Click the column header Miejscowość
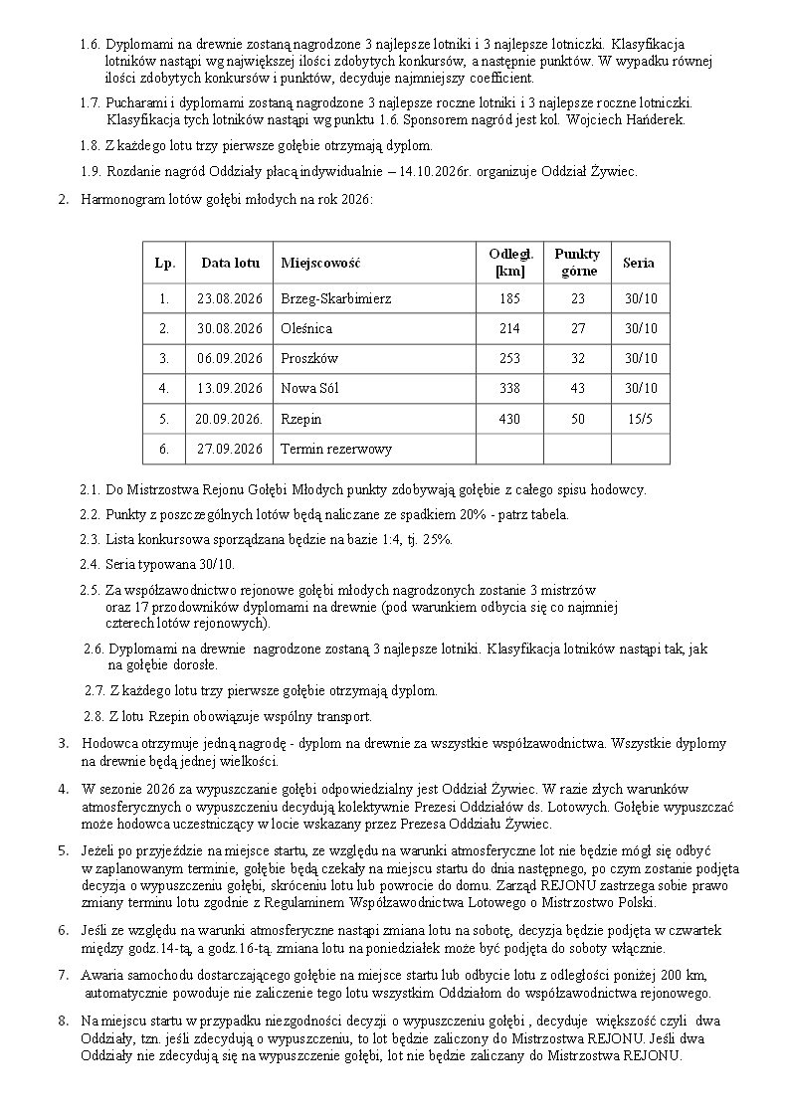click(x=320, y=264)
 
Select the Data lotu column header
click(x=230, y=264)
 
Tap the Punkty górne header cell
click(x=577, y=263)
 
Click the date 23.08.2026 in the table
click(x=230, y=298)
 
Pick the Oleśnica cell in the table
click(x=306, y=328)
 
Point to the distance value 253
click(x=509, y=358)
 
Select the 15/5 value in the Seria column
click(x=640, y=419)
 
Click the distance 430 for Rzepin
click(x=509, y=419)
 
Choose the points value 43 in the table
click(x=577, y=388)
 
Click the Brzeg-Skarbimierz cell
click(x=336, y=298)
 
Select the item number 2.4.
click(x=90, y=564)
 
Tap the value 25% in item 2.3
click(x=438, y=539)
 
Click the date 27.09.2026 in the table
click(x=230, y=449)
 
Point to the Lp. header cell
click(x=165, y=264)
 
